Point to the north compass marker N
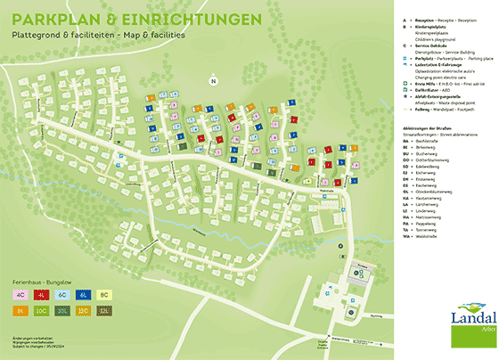point(213,82)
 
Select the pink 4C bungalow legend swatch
point(20,293)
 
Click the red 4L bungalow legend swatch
point(41,293)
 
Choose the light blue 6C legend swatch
point(62,293)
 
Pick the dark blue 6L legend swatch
point(83,293)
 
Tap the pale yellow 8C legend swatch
point(104,293)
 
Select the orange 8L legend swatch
point(20,310)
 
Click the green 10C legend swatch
point(41,310)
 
